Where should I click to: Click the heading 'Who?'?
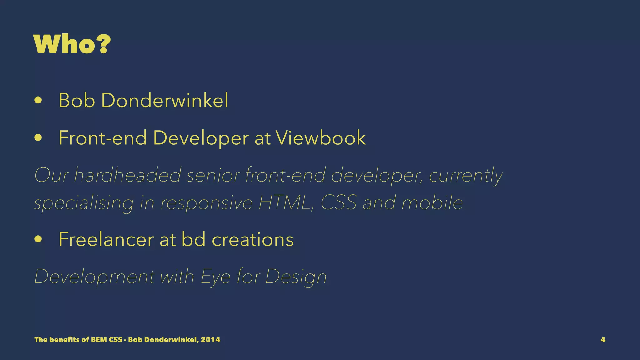click(x=72, y=44)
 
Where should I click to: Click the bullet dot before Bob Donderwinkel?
click(x=38, y=101)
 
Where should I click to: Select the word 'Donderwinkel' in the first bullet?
click(x=165, y=101)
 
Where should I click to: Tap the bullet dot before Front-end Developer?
click(x=38, y=138)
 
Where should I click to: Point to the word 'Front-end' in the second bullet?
click(x=102, y=138)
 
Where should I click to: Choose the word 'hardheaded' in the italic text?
click(x=127, y=175)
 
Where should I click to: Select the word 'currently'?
click(x=466, y=176)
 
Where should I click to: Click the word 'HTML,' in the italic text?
click(x=287, y=202)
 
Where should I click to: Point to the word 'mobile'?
click(x=432, y=202)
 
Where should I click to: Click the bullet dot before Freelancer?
click(x=38, y=239)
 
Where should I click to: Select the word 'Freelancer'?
click(x=106, y=239)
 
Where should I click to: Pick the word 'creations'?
click(x=252, y=239)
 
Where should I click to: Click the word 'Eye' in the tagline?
click(x=215, y=277)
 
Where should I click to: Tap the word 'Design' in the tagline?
click(x=296, y=277)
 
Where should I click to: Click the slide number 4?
click(x=603, y=340)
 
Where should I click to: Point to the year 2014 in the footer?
click(x=210, y=340)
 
